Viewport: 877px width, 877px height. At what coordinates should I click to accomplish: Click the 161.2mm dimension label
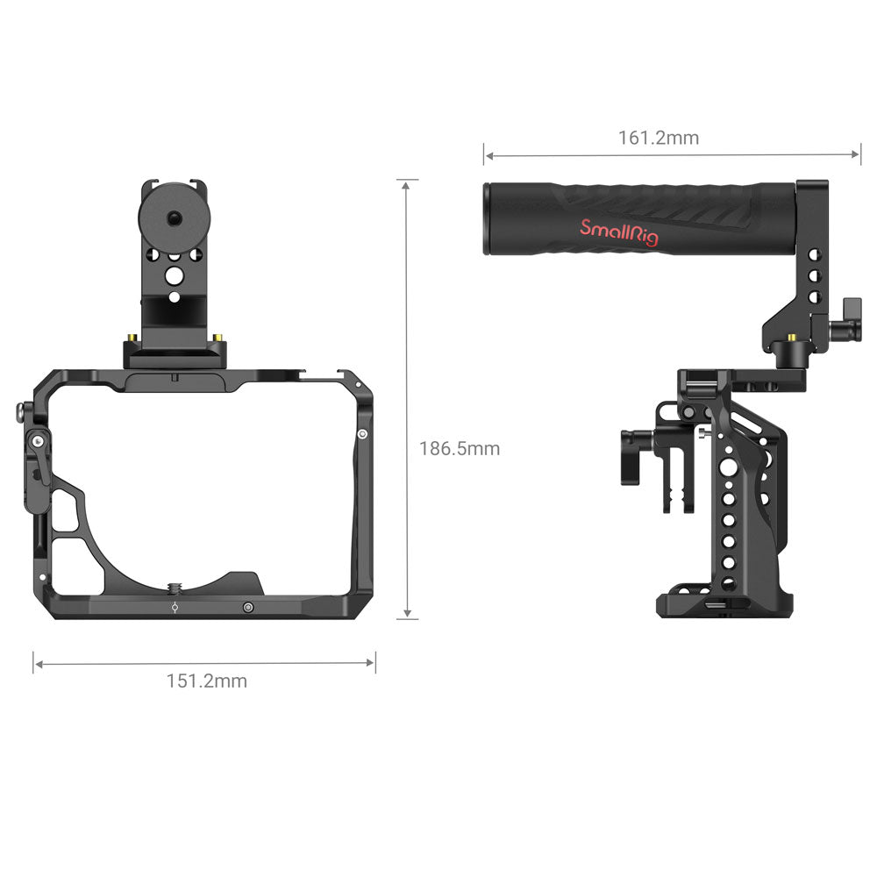point(659,138)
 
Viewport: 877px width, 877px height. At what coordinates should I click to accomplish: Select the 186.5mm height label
point(460,448)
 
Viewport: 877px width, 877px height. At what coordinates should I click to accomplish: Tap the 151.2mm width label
point(206,681)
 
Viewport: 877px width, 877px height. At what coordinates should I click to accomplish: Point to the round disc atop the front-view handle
point(175,217)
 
